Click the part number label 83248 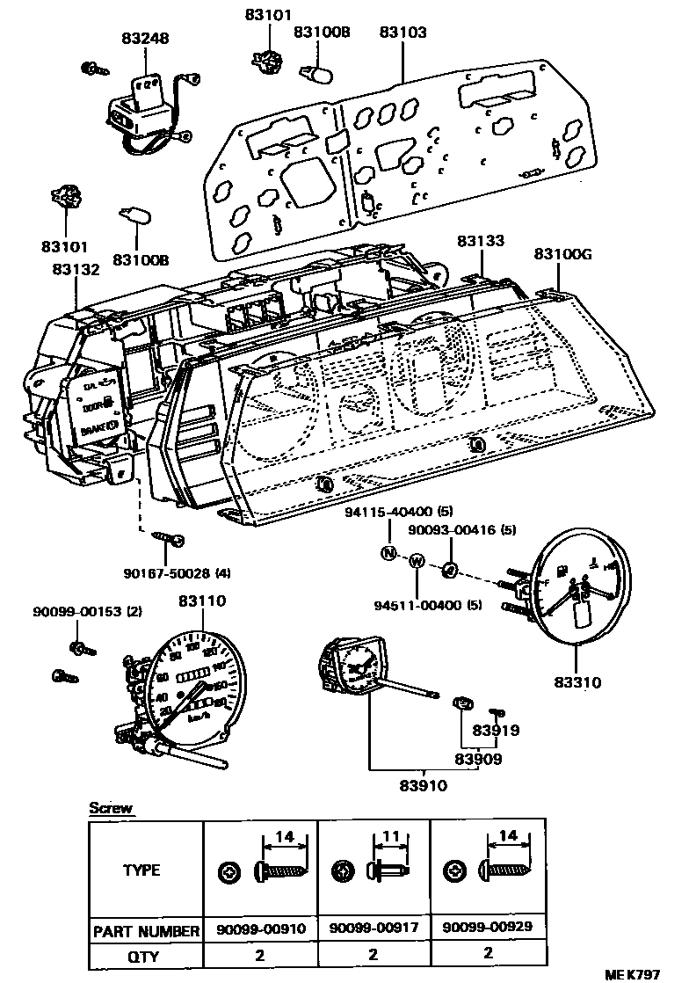145,39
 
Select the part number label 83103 403,33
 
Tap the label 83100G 563,254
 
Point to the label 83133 482,240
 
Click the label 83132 76,272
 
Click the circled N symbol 388,553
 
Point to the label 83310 577,681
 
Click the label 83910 423,785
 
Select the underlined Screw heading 111,808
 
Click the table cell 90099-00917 374,928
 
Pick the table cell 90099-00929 488,928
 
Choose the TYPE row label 141,870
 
